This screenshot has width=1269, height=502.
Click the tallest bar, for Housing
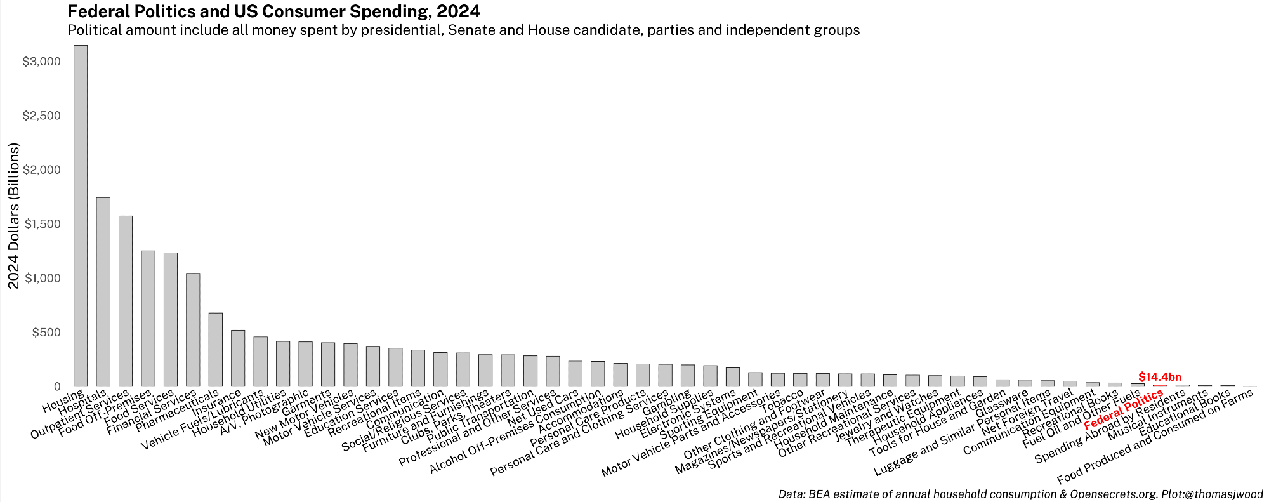coord(81,216)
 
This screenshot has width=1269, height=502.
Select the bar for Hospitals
coord(103,292)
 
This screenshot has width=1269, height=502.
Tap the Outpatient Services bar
coord(126,301)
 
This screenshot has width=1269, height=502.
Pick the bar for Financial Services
coord(193,330)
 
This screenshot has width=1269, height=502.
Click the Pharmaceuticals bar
coord(216,350)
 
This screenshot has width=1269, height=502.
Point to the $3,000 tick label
coord(41,62)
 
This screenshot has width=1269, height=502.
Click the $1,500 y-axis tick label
coord(41,224)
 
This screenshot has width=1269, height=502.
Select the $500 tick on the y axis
coord(46,333)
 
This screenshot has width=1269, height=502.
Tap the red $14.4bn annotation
coord(1160,377)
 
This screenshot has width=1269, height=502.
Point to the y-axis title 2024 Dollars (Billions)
coord(14,216)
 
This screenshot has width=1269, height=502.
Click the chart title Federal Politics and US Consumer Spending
coord(273,11)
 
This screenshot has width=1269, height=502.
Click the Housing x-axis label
coord(62,401)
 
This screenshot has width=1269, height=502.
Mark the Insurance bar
coord(238,358)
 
